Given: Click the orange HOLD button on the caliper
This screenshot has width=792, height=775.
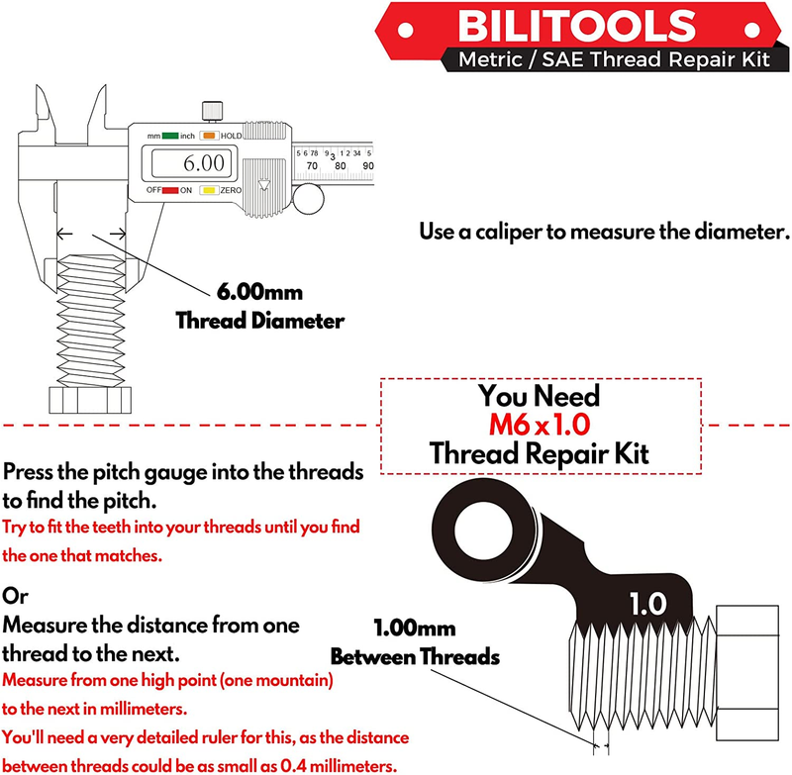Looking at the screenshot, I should pos(209,136).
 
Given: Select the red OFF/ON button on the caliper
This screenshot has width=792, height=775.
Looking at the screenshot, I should pos(170,189).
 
